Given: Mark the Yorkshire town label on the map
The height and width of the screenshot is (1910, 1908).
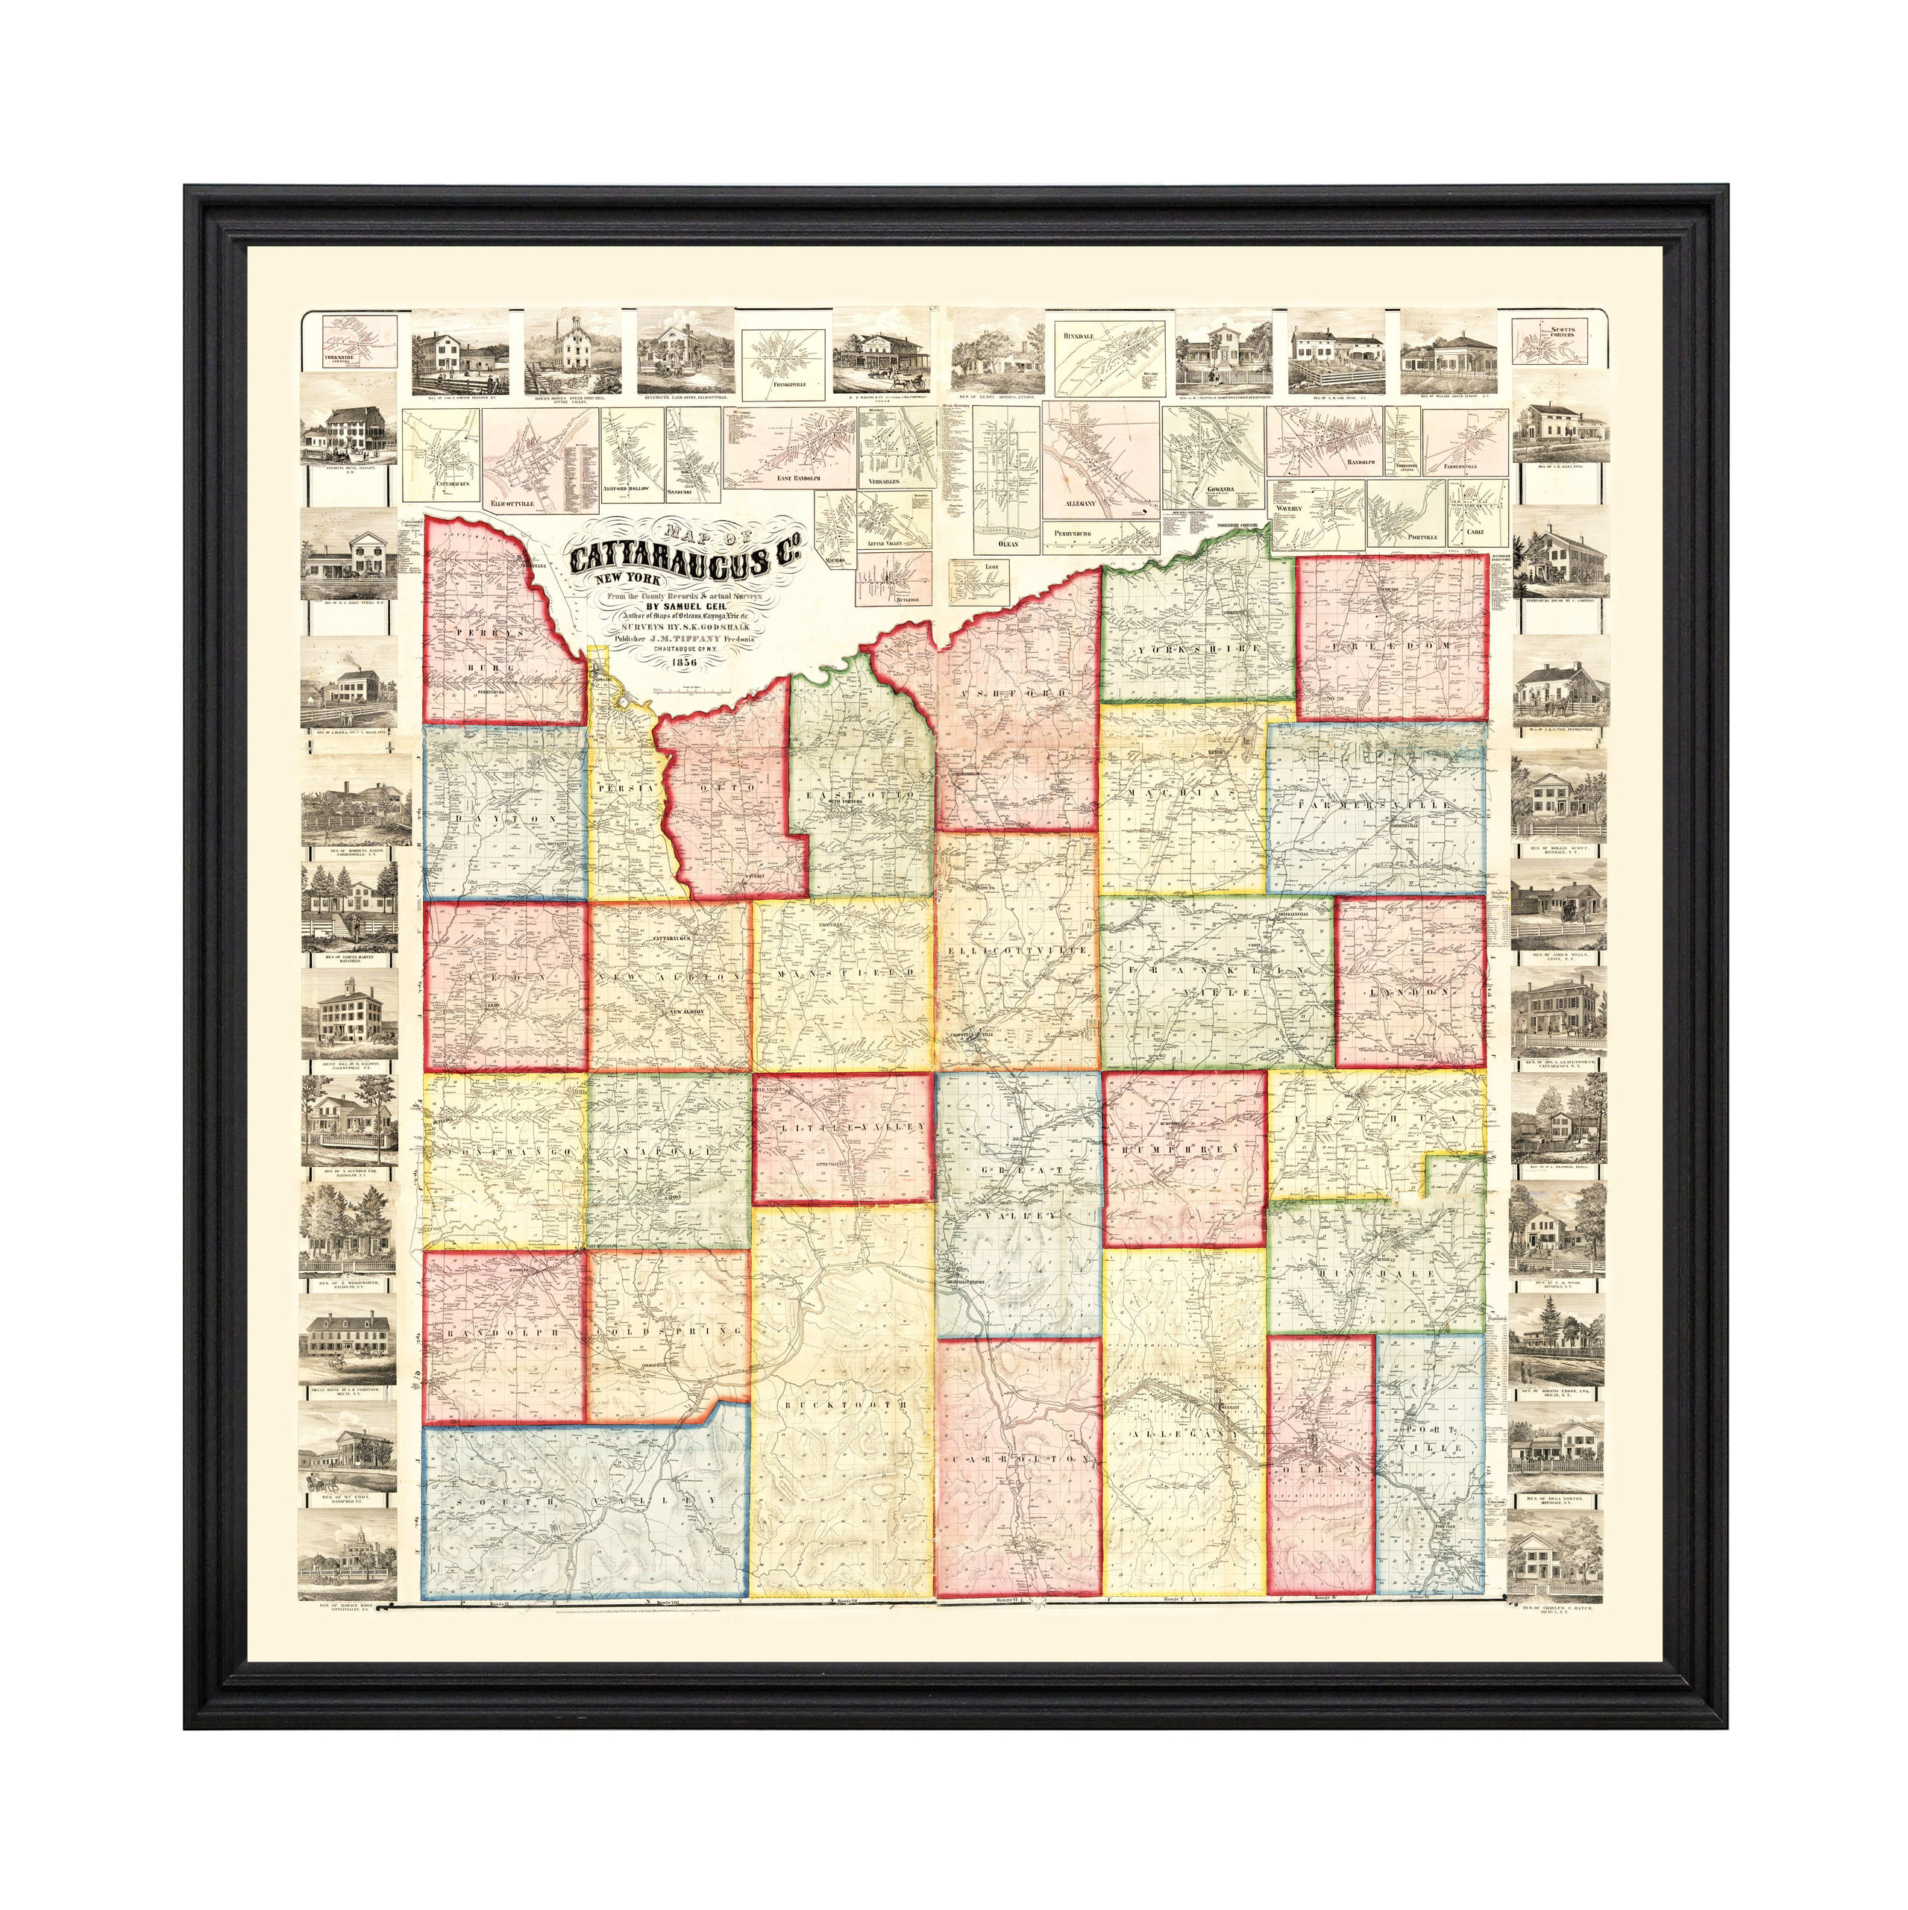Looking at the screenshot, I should pyautogui.click(x=1199, y=648).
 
